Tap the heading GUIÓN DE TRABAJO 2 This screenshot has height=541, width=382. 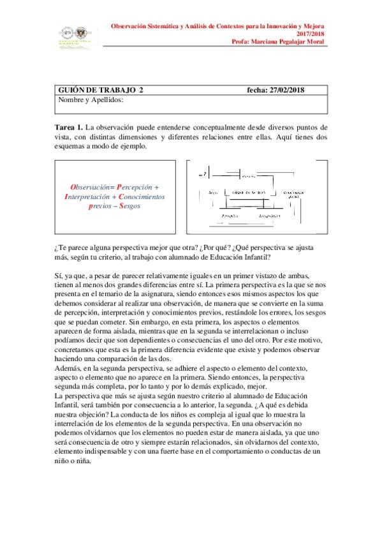coord(100,91)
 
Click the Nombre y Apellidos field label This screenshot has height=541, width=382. coord(90,100)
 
